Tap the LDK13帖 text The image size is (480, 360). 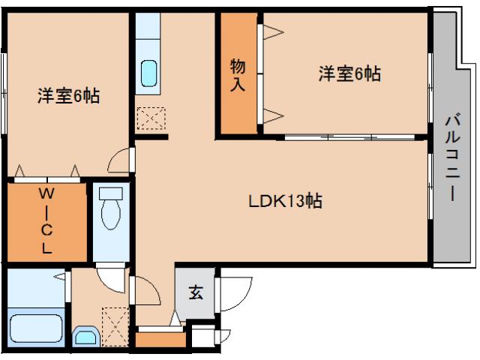click(286, 201)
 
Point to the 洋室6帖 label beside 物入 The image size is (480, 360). click(349, 73)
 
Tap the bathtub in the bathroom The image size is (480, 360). click(36, 328)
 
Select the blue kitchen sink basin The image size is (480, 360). click(150, 73)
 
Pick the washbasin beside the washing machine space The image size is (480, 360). click(86, 336)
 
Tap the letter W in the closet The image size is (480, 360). click(46, 194)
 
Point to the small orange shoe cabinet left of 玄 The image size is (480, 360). click(159, 339)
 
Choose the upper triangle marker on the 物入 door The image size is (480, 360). click(272, 32)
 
